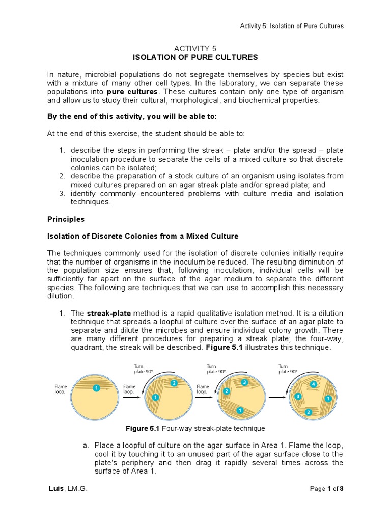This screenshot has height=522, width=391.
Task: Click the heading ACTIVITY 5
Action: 195,47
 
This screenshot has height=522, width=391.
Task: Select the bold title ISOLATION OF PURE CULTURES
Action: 195,57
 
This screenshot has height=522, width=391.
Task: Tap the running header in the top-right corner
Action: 292,26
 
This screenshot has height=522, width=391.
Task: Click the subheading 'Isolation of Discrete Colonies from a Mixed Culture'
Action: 143,237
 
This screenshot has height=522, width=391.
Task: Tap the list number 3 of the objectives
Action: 61,194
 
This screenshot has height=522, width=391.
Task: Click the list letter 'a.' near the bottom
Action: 86,446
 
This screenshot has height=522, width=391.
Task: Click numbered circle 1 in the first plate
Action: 96,388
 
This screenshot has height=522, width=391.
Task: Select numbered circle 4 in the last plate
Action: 314,384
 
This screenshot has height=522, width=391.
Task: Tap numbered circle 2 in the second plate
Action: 174,383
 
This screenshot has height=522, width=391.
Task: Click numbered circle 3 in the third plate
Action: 244,382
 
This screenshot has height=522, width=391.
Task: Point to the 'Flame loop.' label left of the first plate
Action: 61,390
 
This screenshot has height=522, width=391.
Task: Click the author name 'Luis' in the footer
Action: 55,489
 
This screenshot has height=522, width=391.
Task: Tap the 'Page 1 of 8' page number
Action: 326,489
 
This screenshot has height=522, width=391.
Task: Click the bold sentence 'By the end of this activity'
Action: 132,116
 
